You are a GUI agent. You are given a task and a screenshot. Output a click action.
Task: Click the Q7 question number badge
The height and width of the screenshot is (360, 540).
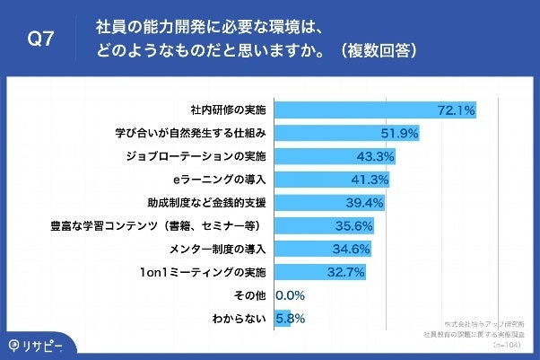point(39,40)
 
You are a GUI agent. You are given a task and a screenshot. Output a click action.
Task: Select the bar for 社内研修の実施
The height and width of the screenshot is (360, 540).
point(375,110)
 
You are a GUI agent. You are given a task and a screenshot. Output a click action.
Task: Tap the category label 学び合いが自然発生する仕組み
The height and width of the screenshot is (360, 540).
point(192,133)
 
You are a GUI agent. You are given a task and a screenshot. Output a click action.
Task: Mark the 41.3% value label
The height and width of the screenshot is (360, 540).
point(369,179)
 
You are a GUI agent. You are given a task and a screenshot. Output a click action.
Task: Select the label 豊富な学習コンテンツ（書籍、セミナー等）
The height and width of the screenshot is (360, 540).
point(161,224)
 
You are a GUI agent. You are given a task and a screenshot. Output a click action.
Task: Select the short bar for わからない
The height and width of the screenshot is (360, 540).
point(283,317)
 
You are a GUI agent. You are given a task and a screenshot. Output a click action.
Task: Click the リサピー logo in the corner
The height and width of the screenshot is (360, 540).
point(39,346)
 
